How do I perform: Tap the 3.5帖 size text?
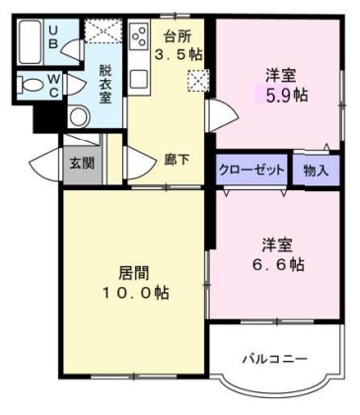click(182, 54)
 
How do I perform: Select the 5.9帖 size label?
click(281, 96)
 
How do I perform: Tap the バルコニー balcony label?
click(275, 358)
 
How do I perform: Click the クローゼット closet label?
click(251, 171)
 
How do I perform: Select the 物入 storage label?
click(316, 171)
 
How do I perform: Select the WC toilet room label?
click(53, 84)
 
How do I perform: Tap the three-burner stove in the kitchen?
click(139, 39)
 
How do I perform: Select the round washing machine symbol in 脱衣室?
click(78, 116)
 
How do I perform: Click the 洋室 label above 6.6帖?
click(275, 243)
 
